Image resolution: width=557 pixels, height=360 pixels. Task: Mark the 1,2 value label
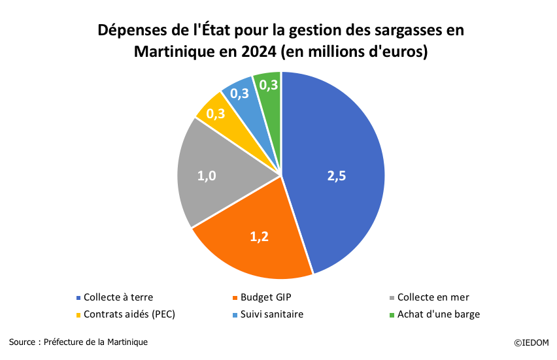click(260, 237)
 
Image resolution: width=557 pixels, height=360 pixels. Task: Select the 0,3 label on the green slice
click(269, 84)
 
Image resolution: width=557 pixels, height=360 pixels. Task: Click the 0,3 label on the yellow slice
click(216, 114)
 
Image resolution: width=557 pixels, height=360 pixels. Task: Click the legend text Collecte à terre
click(118, 297)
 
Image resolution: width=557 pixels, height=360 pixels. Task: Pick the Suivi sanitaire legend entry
click(271, 314)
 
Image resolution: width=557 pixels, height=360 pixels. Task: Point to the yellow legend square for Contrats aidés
click(78, 315)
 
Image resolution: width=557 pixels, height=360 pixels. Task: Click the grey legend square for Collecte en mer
click(392, 298)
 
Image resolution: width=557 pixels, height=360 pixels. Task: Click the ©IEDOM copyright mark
click(531, 342)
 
